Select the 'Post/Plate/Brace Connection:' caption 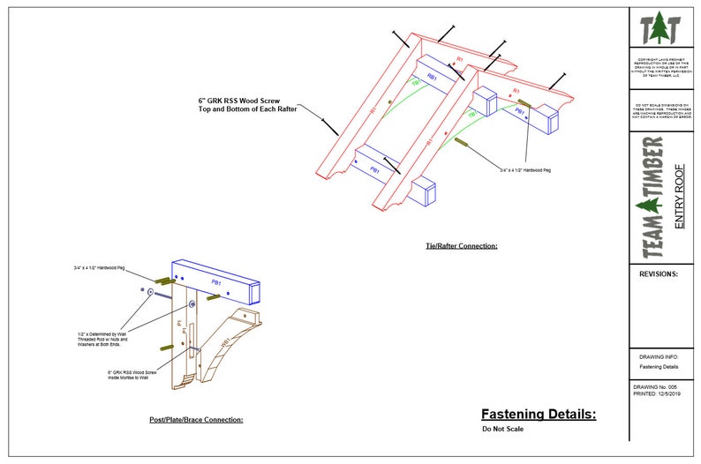pos(196,420)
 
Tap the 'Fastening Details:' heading pos(539,414)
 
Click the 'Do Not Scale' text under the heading pos(499,430)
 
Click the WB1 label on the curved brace pos(226,340)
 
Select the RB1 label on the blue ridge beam pos(432,77)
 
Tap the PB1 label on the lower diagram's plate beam pos(216,282)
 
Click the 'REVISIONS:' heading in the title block pos(658,274)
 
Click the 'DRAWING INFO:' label pos(658,356)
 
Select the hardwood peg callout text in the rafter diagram pos(524,169)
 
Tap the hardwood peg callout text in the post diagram pos(99,266)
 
